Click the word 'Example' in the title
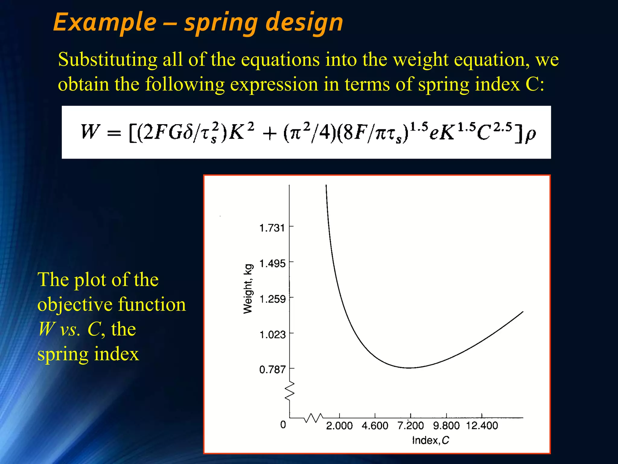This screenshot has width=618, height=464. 105,23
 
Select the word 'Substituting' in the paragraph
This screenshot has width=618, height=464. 107,60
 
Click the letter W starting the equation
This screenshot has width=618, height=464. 90,132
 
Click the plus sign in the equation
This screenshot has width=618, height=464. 269,134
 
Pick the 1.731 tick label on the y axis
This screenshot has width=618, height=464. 272,228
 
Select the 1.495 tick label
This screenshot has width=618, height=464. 272,264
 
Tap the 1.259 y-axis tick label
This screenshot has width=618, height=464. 272,299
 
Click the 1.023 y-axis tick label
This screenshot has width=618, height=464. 272,335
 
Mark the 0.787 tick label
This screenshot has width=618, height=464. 272,370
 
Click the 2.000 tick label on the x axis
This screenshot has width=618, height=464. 339,426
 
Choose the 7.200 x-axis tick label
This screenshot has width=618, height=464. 410,426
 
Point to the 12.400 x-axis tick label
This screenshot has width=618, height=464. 482,426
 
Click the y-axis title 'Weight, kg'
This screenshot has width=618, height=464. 248,289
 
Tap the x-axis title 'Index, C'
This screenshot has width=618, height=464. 430,440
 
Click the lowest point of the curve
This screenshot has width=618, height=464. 409,368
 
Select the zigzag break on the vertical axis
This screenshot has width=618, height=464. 290,391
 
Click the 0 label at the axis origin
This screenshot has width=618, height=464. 283,425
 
